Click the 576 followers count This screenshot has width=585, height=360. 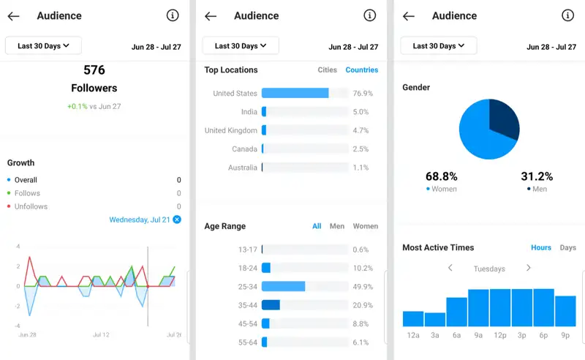94,70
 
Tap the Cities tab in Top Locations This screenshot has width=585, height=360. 327,70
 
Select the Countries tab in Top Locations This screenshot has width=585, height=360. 362,70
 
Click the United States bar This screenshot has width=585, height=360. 295,94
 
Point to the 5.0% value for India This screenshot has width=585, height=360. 361,112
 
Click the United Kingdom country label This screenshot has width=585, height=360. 231,131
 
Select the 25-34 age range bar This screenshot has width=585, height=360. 283,287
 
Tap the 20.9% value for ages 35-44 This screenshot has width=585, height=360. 362,305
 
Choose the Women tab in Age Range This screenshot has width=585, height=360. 365,227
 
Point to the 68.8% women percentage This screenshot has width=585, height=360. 441,176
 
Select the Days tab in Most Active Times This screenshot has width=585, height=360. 567,248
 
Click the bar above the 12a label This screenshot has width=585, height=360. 413,318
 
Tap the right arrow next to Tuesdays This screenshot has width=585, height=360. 528,269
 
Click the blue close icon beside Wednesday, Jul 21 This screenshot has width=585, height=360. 177,220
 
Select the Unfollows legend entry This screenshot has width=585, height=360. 31,207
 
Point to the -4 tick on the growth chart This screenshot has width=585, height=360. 18,326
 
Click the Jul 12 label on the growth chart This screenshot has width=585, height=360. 101,335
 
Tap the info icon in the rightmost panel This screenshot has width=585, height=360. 567,15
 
